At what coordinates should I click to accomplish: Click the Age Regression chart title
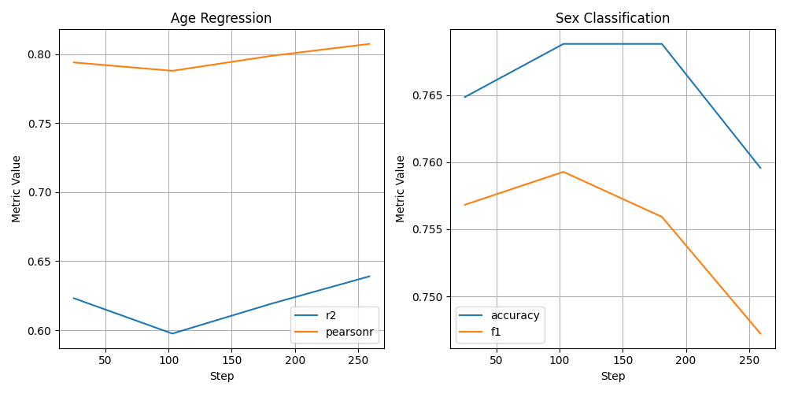(221, 18)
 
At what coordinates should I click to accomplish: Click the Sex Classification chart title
(612, 18)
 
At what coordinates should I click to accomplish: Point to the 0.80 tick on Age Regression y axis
(40, 54)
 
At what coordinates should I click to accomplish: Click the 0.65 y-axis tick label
(40, 262)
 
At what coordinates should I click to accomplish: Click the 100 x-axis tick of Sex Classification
(560, 360)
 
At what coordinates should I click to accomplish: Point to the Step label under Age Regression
(221, 377)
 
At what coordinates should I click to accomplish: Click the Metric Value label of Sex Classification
(401, 188)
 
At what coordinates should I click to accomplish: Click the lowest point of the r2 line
(172, 333)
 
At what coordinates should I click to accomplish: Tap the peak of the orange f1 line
(563, 172)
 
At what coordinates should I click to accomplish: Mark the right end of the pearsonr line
(369, 44)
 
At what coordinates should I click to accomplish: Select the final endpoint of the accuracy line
(760, 168)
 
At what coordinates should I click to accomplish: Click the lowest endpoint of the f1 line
(760, 333)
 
